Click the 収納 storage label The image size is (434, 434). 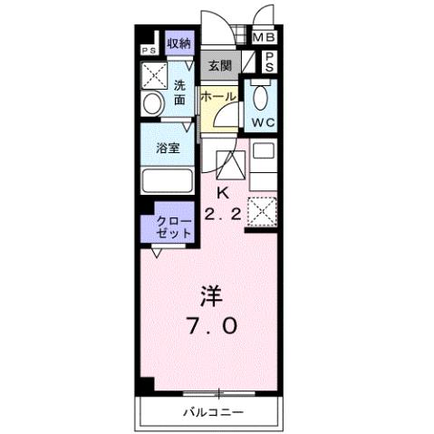178,43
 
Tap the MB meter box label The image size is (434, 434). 264,37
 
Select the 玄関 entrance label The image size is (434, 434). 219,65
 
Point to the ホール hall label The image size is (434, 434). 218,96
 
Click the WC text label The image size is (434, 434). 264,122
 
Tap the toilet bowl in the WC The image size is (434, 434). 262,96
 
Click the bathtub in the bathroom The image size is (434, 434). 167,180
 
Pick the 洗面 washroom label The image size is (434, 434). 180,92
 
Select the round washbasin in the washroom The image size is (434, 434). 151,104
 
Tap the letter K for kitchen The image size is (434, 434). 222,193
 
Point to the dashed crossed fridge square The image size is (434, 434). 263,211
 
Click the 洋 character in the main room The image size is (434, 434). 211,295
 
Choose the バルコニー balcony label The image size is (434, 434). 211,411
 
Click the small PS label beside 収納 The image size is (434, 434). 149,50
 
